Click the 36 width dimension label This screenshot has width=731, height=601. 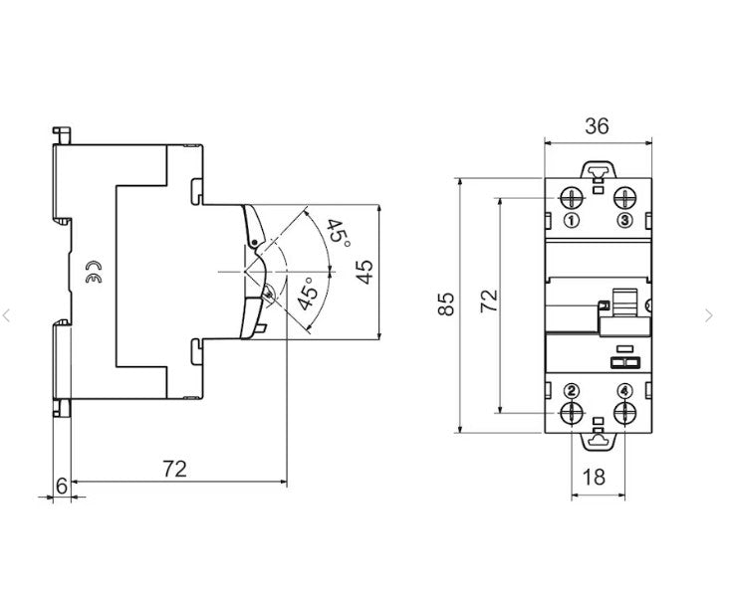click(597, 125)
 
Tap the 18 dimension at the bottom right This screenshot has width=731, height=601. click(596, 477)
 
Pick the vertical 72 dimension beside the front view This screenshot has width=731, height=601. click(488, 301)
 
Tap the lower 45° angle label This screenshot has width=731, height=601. click(310, 296)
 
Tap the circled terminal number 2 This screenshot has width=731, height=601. click(572, 389)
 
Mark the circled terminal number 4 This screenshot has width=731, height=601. click(624, 389)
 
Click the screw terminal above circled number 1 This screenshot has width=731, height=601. click(573, 196)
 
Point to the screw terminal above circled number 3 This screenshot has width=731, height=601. click(624, 196)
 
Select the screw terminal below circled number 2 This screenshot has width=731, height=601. click(573, 412)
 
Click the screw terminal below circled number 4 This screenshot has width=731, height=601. click(624, 412)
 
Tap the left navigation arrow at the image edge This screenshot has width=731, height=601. click(7, 315)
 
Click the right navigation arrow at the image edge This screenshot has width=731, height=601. click(708, 315)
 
